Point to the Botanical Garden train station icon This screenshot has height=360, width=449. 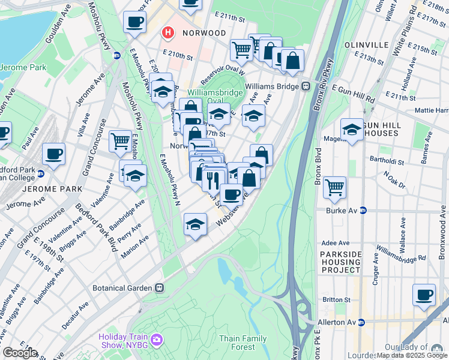pos(158,288)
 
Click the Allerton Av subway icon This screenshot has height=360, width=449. pos(361,322)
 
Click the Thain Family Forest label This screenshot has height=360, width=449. pos(243,343)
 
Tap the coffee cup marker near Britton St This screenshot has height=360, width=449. pos(424,295)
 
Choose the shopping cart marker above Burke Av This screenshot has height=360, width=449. pos(334,187)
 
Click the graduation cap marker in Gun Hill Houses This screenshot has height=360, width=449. pos(352,129)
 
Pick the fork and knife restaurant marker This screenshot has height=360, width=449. pos(214,178)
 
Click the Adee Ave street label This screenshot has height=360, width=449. pos(336,244)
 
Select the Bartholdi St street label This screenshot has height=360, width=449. pos(406,161)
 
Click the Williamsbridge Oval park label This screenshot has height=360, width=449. pos(214,97)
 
